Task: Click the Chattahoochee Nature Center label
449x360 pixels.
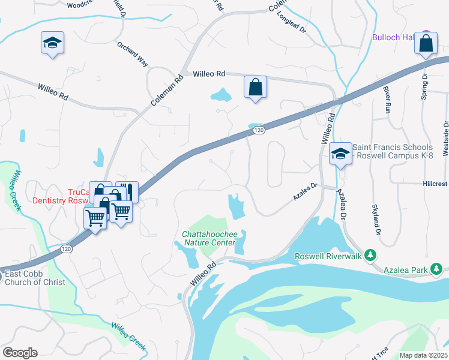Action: [x=211, y=237]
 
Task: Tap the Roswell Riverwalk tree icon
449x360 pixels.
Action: [x=370, y=256]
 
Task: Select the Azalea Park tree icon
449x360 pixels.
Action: [x=439, y=270]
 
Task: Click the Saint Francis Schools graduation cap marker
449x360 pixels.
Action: [x=340, y=154]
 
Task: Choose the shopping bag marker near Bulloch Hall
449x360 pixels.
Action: [x=426, y=44]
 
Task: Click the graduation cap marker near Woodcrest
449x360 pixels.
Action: [x=53, y=43]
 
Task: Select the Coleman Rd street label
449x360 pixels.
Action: [x=166, y=91]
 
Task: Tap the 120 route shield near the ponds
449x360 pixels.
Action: [x=258, y=130]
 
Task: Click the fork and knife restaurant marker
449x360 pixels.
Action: [x=127, y=192]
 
